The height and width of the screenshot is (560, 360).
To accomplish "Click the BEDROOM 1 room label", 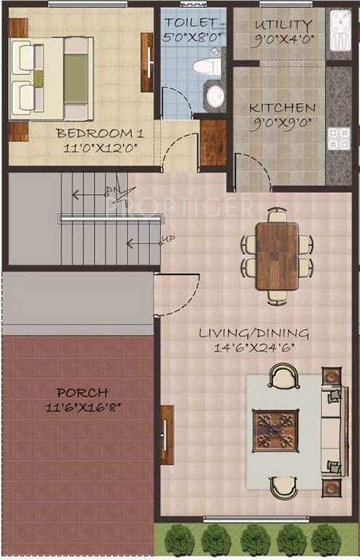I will pyautogui.click(x=89, y=133).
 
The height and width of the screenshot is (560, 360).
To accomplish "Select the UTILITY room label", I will pyautogui.click(x=283, y=25).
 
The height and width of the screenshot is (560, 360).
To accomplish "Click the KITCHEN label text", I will pyautogui.click(x=282, y=108).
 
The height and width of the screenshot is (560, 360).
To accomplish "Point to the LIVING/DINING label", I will pyautogui.click(x=254, y=333).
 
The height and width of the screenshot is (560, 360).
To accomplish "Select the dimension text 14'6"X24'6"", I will pyautogui.click(x=254, y=348).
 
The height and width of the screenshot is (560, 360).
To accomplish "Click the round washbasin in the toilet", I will pyautogui.click(x=215, y=96).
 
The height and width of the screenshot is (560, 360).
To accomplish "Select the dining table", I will pyautogui.click(x=277, y=256).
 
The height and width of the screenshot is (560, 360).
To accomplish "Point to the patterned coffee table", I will pyautogui.click(x=276, y=432).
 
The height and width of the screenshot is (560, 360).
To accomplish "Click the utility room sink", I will pyautogui.click(x=340, y=33).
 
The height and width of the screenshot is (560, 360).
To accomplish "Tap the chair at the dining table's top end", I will pyautogui.click(x=277, y=216).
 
